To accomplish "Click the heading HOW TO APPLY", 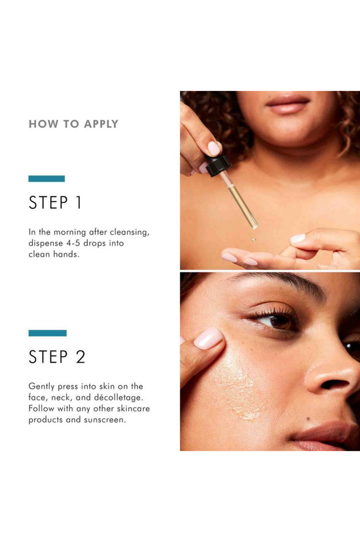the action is tap(73, 124).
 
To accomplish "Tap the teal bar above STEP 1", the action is tap(46, 179).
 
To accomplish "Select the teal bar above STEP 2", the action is tap(47, 333).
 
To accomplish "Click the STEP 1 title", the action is tap(55, 202).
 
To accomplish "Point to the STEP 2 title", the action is tap(57, 357).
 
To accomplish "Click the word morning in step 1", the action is tap(70, 232).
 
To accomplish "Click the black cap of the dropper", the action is tap(218, 165).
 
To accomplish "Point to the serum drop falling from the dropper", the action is tap(254, 239).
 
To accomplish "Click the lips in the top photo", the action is tap(287, 103).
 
